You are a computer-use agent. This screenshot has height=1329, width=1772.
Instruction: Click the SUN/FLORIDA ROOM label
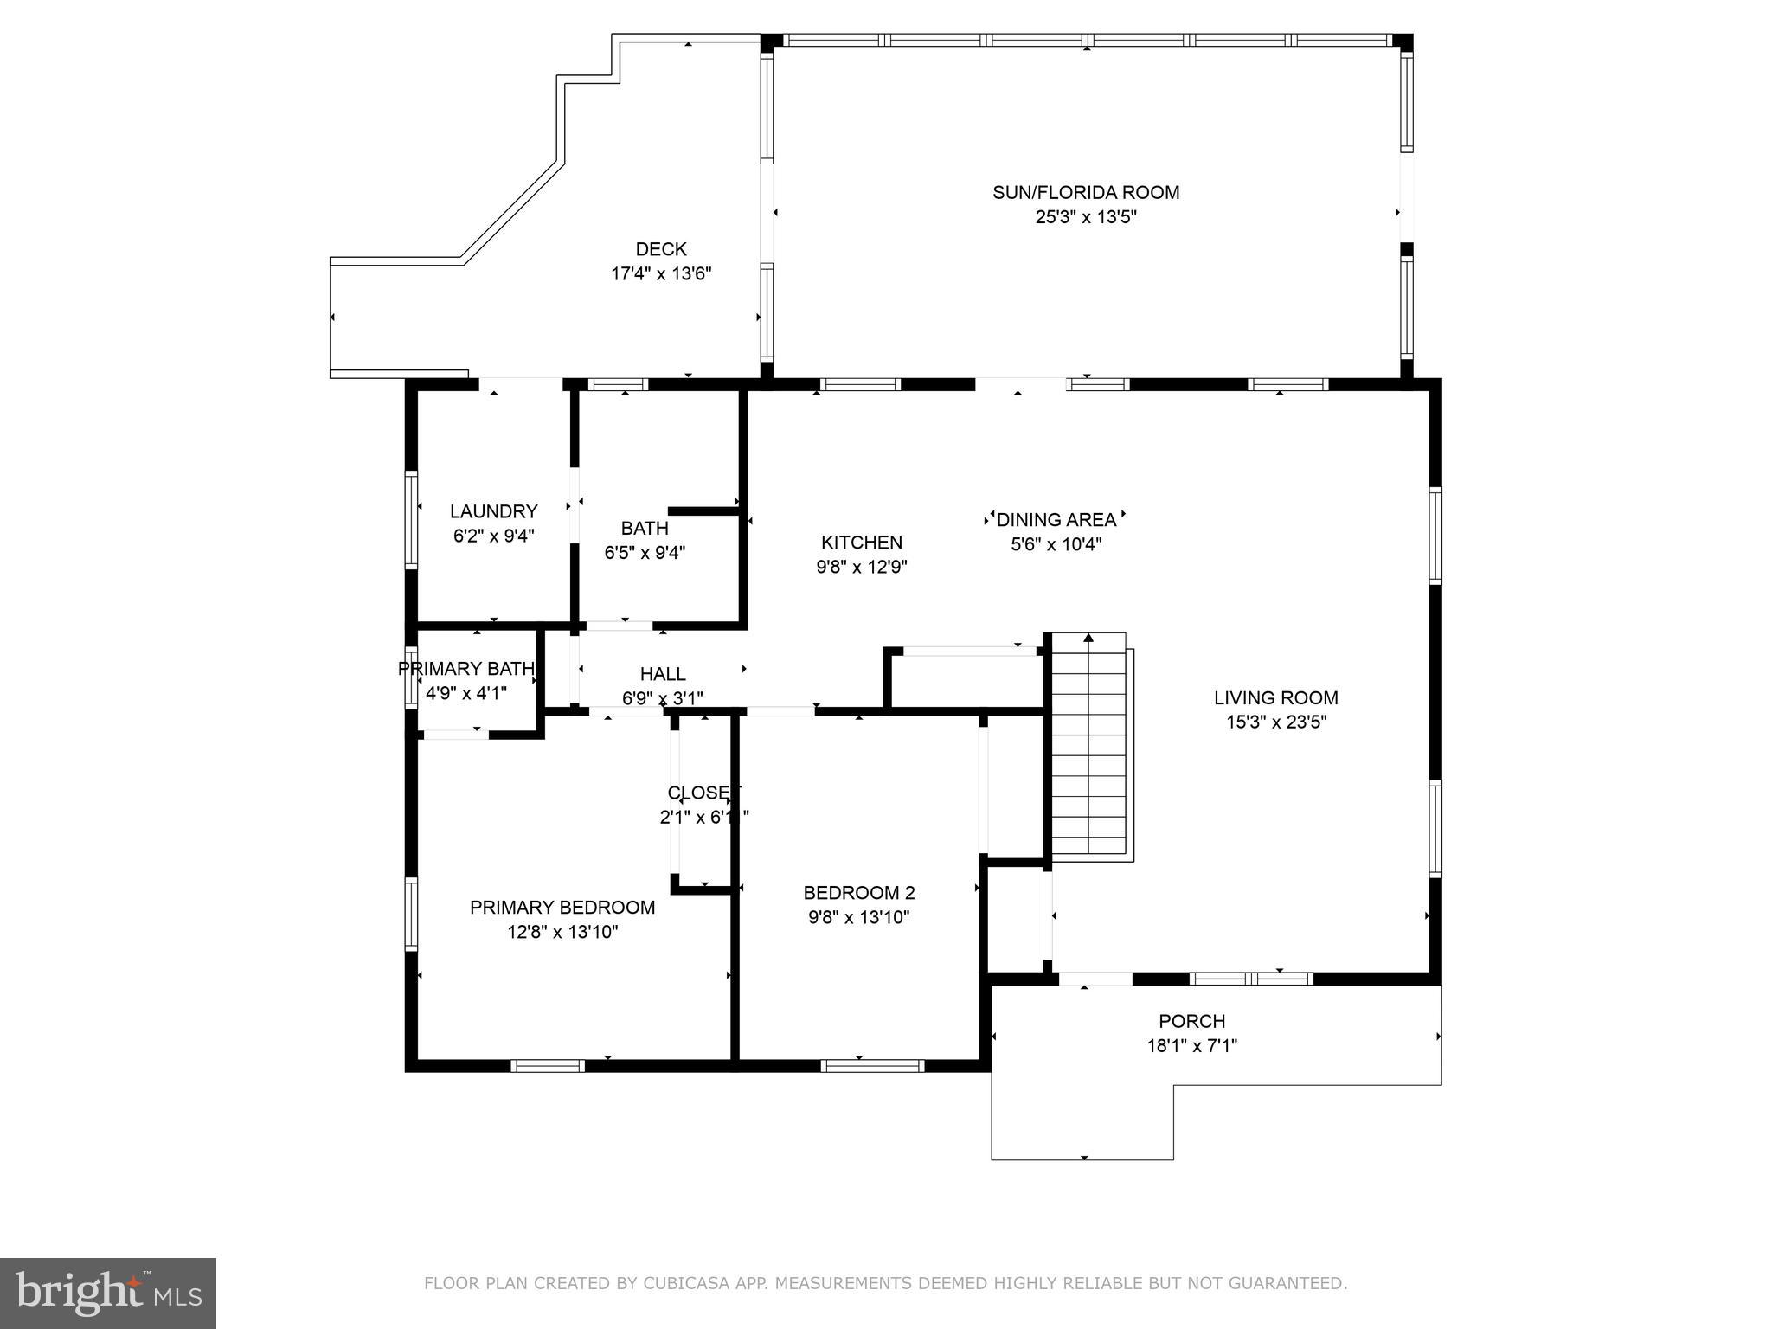point(1085,192)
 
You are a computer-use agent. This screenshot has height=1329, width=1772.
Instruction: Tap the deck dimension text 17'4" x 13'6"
point(661,274)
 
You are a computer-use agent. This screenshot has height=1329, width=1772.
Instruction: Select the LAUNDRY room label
point(493,511)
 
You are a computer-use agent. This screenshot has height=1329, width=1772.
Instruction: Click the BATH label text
point(645,528)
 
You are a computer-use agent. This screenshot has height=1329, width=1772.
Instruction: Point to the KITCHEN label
point(861,543)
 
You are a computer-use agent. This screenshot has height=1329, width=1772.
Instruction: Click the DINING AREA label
point(1056,520)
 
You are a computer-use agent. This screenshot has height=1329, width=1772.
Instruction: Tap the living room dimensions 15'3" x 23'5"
point(1275,722)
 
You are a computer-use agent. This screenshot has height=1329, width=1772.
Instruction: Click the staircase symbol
point(1088,748)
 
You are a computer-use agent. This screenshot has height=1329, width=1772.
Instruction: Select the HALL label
point(663,674)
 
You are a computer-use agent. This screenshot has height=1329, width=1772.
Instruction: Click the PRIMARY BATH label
point(465,669)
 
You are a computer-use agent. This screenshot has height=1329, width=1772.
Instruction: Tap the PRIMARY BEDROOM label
point(562,908)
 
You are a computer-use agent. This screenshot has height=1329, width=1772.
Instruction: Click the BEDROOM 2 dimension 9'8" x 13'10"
point(858,917)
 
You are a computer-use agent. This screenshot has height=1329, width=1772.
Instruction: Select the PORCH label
point(1191,1021)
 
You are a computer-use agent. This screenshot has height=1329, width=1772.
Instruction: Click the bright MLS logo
point(108,1294)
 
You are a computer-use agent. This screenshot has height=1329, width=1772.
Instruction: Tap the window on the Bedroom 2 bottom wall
point(871,1065)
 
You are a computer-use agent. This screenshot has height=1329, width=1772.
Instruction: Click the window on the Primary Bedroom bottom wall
point(547,1065)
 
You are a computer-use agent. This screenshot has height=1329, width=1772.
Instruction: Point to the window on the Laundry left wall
point(412,519)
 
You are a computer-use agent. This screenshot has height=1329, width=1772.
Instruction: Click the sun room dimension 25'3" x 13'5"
point(1085,217)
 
